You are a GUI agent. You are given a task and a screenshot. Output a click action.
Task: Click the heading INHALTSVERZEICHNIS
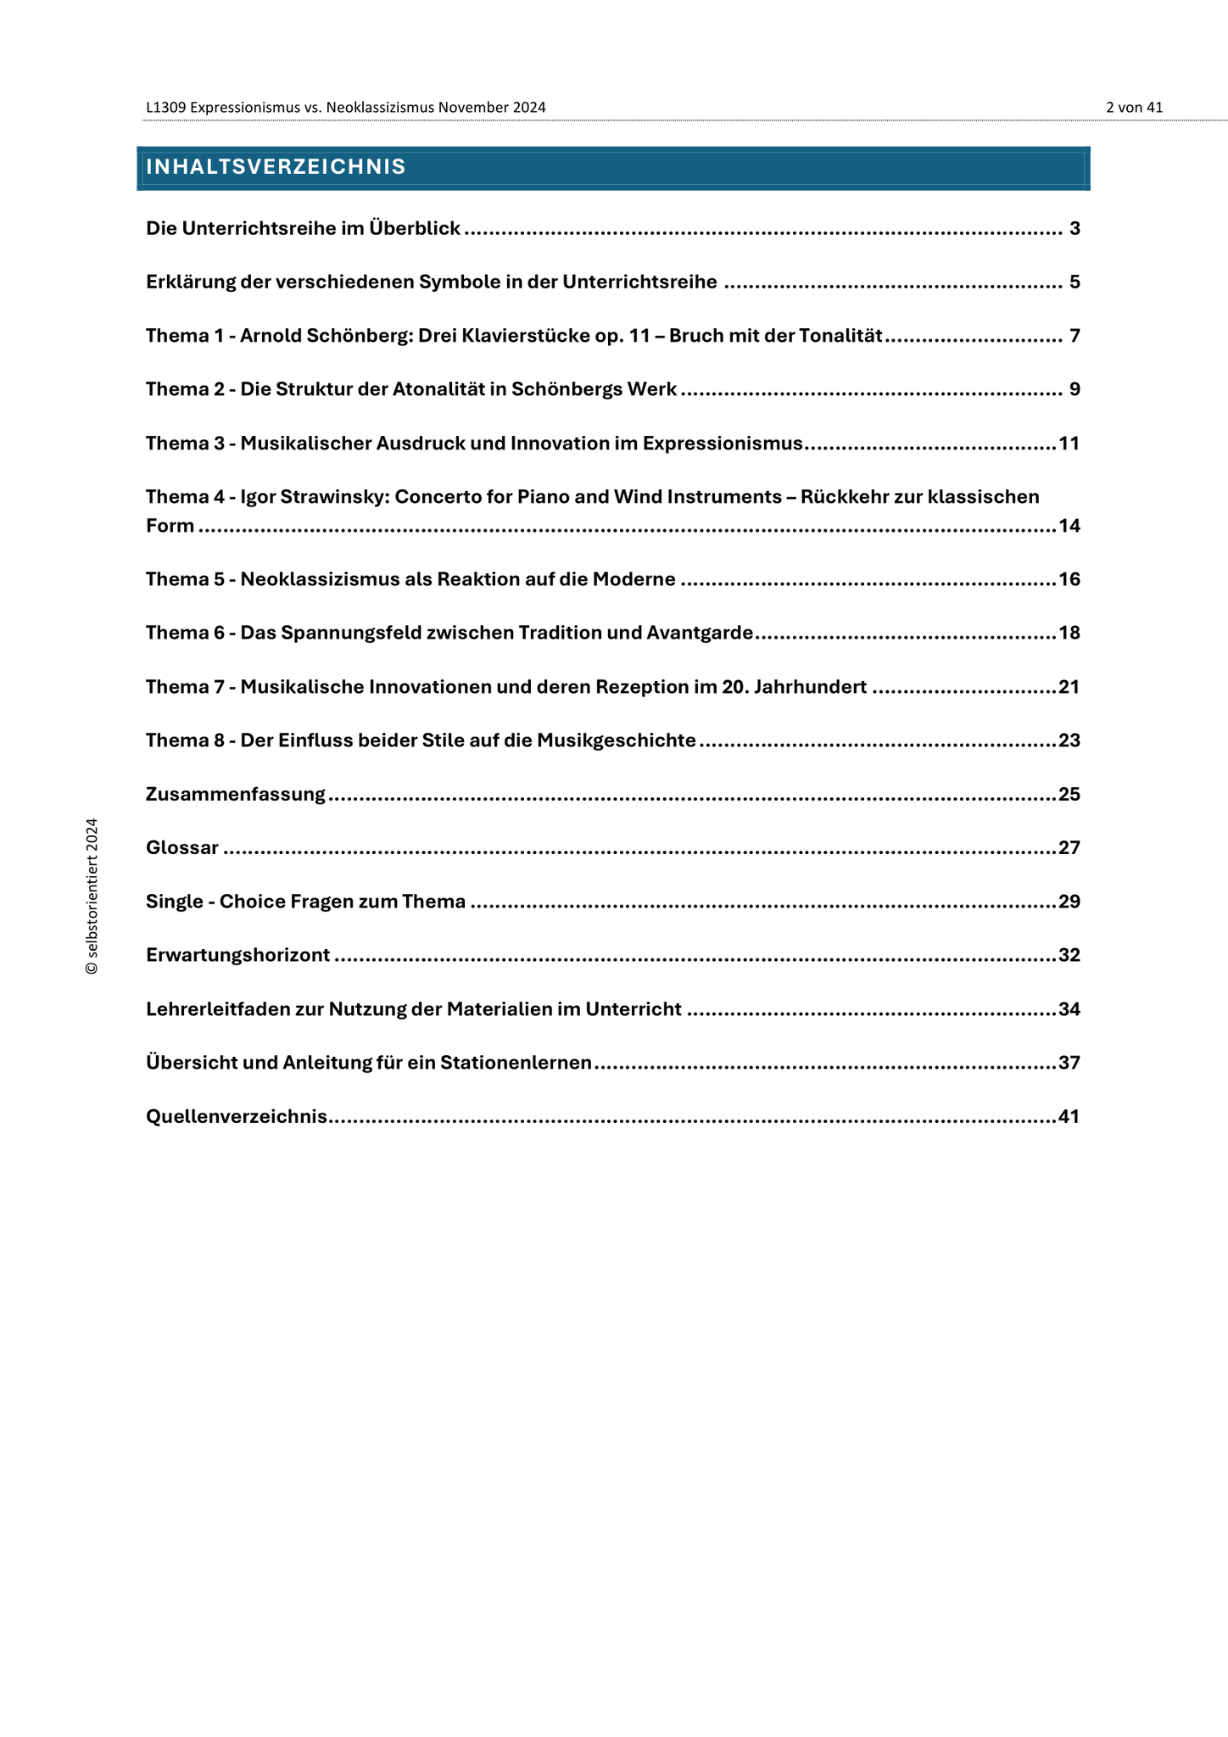[x=276, y=167]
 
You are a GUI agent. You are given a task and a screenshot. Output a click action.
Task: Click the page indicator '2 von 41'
[x=1134, y=108]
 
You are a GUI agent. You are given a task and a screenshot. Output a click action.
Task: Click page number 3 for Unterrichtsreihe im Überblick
[x=1074, y=229]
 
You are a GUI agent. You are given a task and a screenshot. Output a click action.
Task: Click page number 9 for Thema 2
[x=1074, y=390]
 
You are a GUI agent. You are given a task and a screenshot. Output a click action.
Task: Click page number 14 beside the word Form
[x=1069, y=526]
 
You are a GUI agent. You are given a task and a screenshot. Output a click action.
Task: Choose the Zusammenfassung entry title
[x=236, y=795]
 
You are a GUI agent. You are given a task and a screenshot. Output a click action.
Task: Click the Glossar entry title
[x=182, y=848]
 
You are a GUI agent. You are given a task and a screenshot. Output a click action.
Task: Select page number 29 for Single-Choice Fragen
[x=1069, y=902]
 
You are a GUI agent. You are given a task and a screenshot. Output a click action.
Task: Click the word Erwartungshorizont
[x=238, y=956]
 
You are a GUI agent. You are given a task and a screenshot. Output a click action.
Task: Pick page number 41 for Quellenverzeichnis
[x=1069, y=1117]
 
